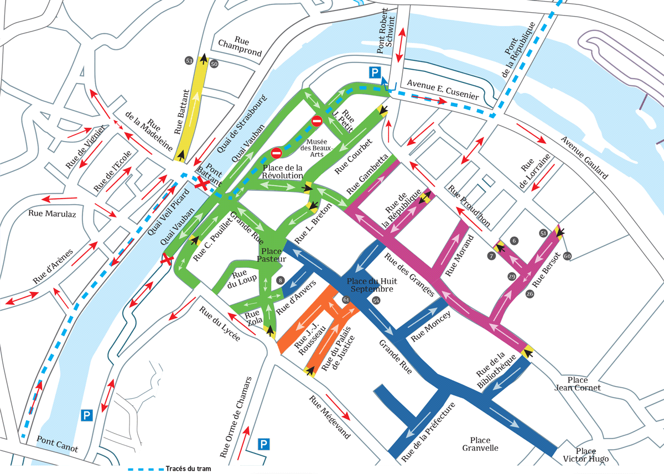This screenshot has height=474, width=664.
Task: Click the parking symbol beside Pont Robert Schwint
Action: [x=376, y=72]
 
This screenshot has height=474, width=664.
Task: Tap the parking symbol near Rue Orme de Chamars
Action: [x=264, y=444]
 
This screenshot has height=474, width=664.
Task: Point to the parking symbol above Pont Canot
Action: [x=86, y=415]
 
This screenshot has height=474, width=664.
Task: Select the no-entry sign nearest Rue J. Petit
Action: [x=317, y=121]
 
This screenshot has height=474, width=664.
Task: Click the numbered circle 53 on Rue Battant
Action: [x=189, y=60]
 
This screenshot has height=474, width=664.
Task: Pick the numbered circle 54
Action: [x=376, y=300]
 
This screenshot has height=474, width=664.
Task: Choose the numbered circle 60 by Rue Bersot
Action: [x=567, y=256]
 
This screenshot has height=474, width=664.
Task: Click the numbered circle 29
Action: [x=511, y=276]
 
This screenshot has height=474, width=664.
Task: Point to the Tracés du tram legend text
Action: [x=188, y=468]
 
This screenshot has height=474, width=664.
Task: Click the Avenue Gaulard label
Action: [x=585, y=157]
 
